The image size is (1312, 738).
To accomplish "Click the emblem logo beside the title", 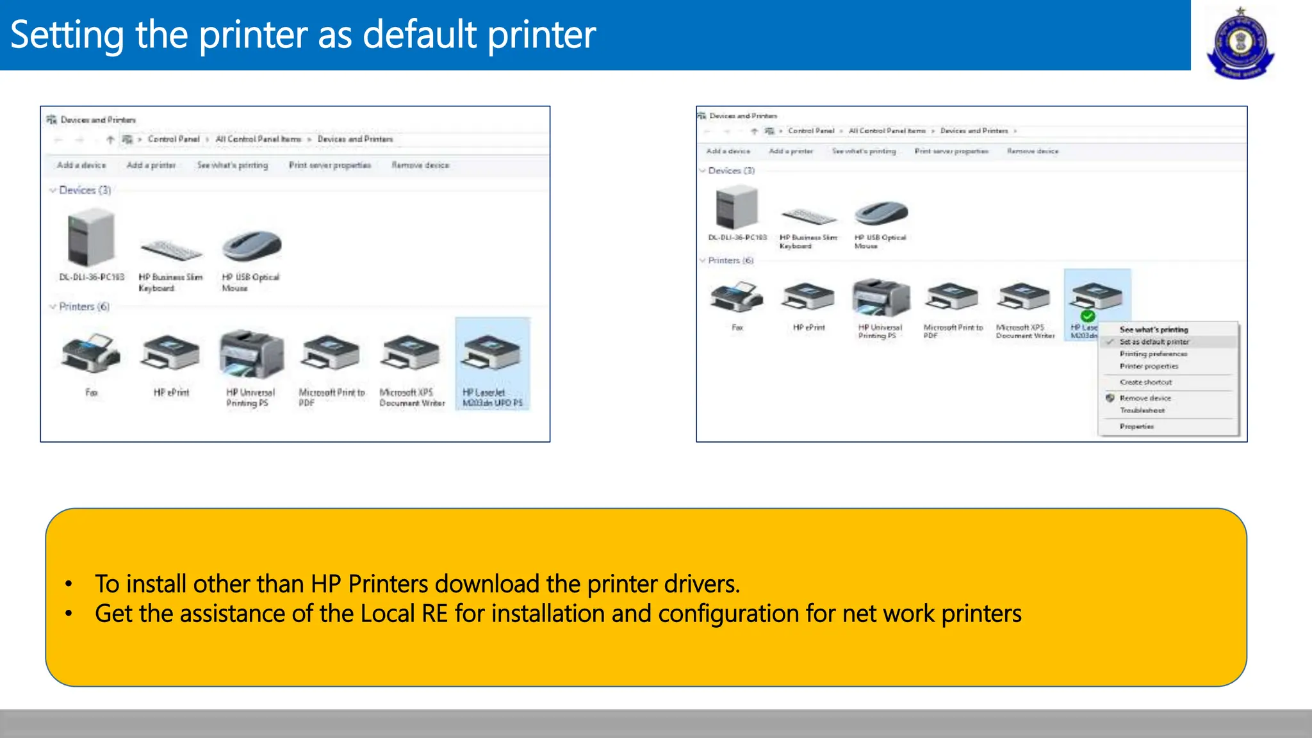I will click(1240, 43).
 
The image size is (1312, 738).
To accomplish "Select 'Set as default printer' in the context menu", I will click(1154, 342).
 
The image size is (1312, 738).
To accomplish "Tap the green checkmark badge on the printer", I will click(1087, 316).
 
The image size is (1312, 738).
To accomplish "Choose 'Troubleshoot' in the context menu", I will click(1142, 411).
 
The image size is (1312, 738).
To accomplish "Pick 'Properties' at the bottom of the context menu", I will click(1136, 427).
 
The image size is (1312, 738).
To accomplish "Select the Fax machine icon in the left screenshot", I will click(91, 352).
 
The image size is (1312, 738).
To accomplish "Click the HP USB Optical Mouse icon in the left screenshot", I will click(252, 246).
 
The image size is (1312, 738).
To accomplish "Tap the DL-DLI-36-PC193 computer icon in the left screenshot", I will click(91, 240).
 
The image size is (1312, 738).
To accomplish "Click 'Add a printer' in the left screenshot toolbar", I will click(151, 165).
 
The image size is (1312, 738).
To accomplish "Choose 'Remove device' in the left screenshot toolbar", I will click(420, 165).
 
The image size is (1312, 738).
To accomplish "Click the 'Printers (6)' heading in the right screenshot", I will click(730, 261).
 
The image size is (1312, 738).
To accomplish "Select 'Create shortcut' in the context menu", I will click(1145, 382).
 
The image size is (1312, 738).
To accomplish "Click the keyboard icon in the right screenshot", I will click(808, 217).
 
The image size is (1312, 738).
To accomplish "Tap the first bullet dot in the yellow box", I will click(69, 584).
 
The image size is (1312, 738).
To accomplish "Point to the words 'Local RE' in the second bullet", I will click(404, 614).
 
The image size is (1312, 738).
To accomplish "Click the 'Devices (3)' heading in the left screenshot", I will click(85, 190).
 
